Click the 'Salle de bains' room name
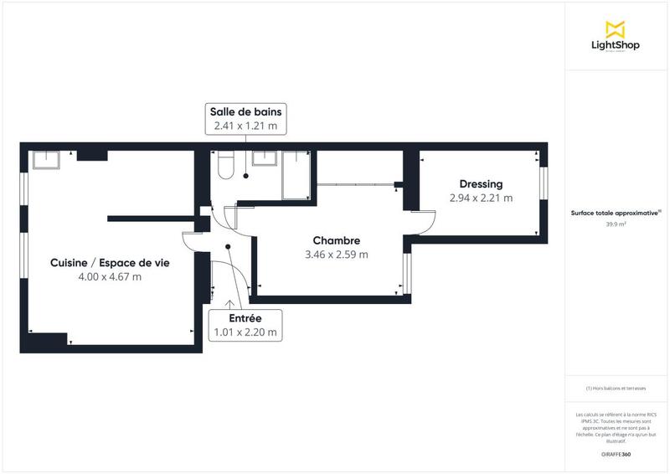246,111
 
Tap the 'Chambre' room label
337,240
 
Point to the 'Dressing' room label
481,184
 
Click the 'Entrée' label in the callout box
245,318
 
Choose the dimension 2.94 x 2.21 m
481,198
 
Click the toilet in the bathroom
224,167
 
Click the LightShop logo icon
616,29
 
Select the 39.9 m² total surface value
616,224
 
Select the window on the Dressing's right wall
543,192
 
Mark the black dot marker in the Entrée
228,246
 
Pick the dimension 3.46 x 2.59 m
337,255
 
